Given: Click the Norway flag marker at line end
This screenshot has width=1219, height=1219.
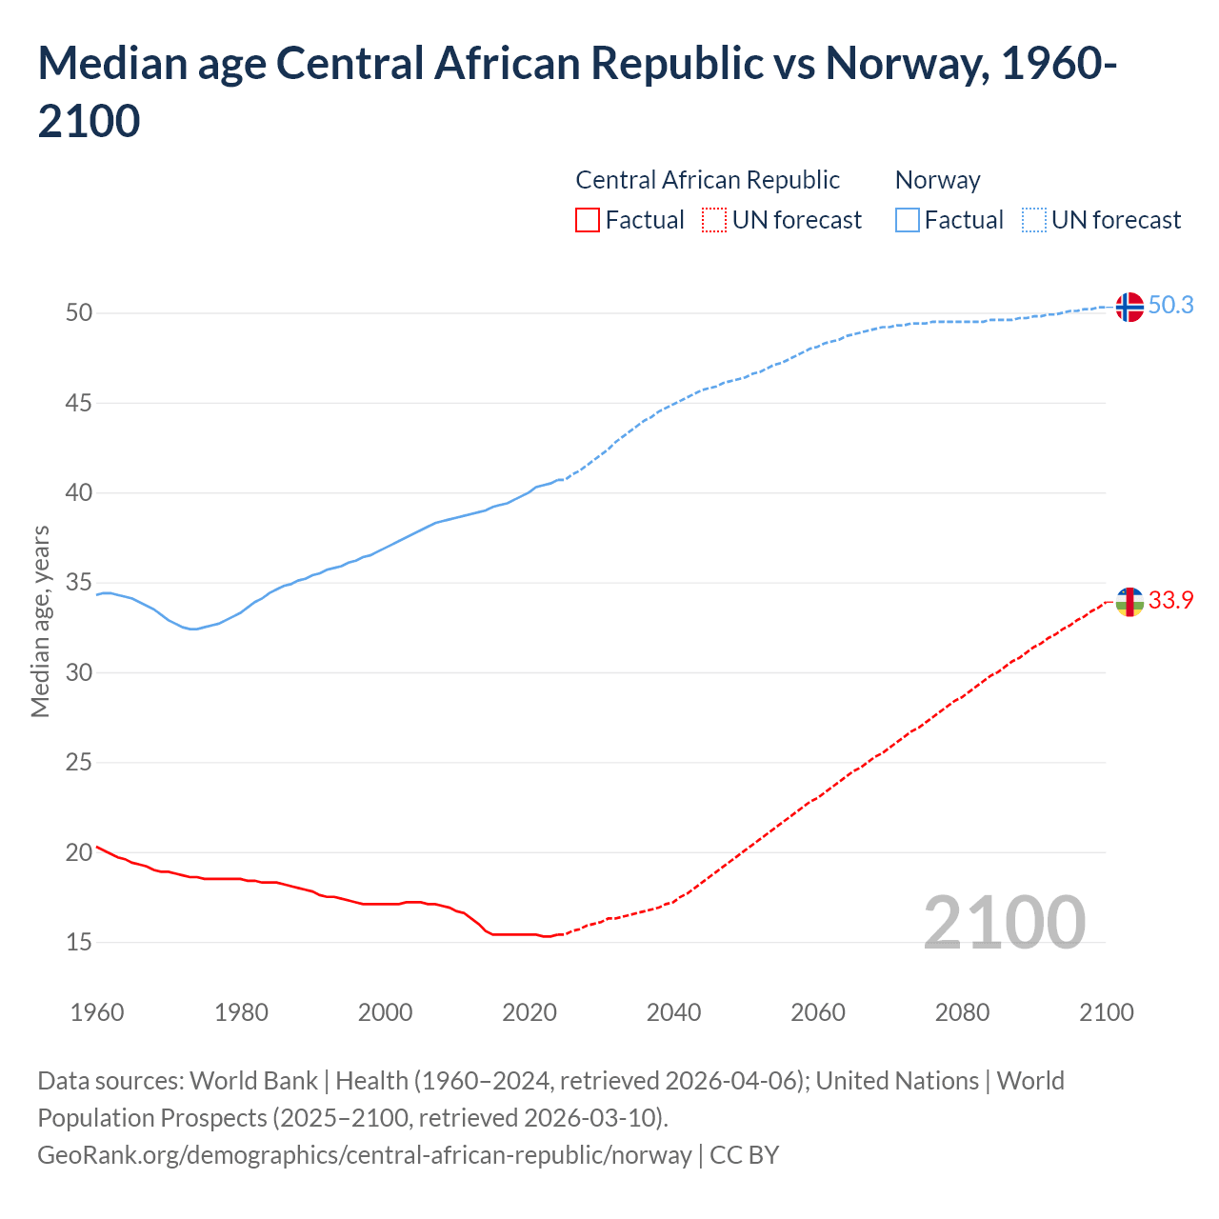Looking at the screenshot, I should tap(1129, 307).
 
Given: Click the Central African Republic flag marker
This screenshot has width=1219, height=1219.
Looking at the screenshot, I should tap(1129, 602).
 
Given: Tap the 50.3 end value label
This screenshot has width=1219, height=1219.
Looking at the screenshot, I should tap(1170, 305).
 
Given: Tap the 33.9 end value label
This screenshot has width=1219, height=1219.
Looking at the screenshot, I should tap(1170, 600).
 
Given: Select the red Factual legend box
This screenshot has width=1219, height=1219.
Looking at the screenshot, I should tap(588, 220).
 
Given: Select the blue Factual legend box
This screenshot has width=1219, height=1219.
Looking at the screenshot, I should tap(908, 220).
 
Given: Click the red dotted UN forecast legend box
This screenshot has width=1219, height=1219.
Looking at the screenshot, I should tap(714, 220).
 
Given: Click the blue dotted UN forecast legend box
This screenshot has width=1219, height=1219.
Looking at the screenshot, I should tap(1034, 220).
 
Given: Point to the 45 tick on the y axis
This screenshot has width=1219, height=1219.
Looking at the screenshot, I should tap(79, 403).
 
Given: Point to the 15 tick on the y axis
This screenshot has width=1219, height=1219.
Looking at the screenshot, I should tap(79, 942).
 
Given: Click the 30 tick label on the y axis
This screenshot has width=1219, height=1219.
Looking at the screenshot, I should tap(79, 672).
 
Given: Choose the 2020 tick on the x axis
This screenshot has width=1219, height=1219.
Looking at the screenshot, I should tap(530, 1011).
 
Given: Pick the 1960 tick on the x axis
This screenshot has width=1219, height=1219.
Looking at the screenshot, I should tap(97, 1011).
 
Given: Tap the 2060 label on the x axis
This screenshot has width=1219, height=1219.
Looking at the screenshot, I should tap(818, 1011).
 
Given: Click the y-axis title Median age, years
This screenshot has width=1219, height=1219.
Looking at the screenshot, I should tap(40, 621).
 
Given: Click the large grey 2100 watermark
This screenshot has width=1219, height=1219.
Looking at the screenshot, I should tap(1004, 922).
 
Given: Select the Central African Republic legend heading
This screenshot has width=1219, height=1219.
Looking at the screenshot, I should tap(708, 180).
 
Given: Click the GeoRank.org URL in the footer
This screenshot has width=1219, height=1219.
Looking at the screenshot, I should tap(364, 1154).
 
